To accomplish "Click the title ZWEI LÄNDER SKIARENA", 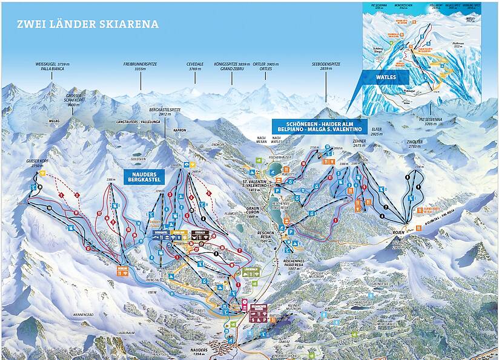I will pos(88,25).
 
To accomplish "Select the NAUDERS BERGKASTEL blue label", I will pos(145,176).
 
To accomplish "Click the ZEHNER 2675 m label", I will pos(360,143).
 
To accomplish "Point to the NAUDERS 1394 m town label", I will pos(196,351).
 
